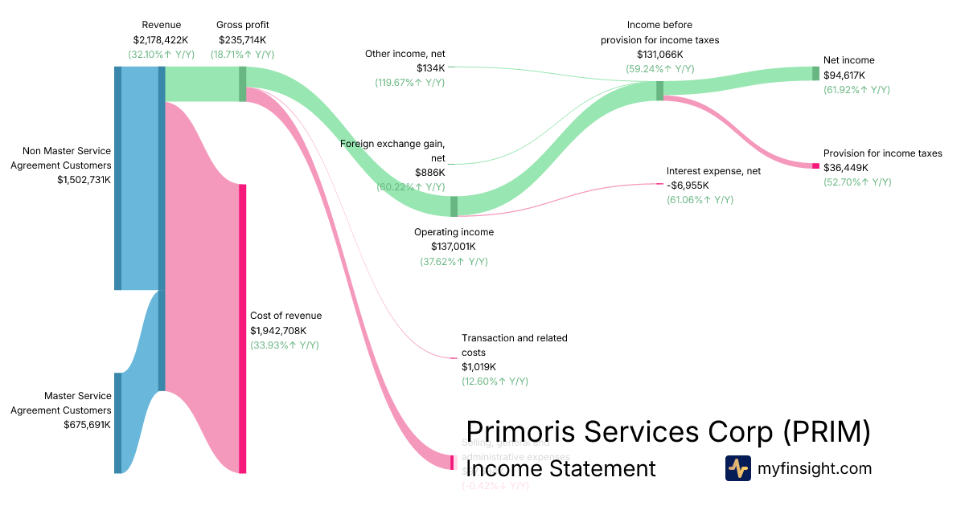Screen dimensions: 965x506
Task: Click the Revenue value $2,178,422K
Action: (161, 39)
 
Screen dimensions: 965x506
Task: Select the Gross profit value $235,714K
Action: (242, 39)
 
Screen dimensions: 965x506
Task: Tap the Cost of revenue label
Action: (285, 316)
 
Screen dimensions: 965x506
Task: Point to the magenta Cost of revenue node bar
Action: (242, 328)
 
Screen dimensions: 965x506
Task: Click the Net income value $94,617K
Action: (844, 75)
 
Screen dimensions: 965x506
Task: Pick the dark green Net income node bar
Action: (815, 73)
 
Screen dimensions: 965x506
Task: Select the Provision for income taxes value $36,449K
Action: (846, 168)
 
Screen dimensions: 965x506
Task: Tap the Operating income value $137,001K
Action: (454, 247)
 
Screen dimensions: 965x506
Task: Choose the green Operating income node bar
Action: (454, 206)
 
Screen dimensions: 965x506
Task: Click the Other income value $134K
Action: (430, 68)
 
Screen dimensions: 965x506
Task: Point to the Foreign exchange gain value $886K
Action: (429, 173)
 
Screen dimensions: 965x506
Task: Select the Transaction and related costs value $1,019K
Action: (478, 367)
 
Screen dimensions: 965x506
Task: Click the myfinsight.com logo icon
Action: (737, 468)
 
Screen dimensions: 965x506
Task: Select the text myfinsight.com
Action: (815, 468)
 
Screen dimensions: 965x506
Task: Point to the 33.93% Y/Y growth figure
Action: (285, 345)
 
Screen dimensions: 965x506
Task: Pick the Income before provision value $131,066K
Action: (659, 54)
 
